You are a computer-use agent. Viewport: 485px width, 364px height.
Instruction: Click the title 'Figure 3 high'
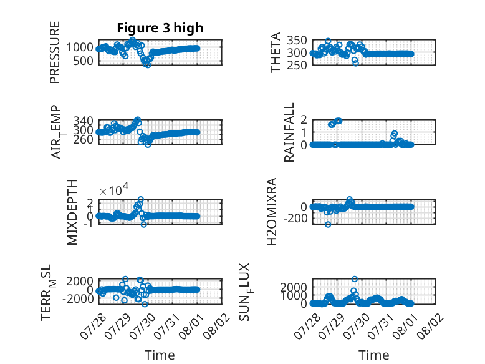pyautogui.click(x=160, y=28)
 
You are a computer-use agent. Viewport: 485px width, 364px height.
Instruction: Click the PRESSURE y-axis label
pyautogui.click(x=55, y=52)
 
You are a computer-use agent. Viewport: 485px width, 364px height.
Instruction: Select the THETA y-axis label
pyautogui.click(x=275, y=52)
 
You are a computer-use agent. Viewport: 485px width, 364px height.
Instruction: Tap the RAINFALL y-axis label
pyautogui.click(x=289, y=132)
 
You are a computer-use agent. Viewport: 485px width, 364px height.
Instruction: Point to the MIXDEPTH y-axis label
pyautogui.click(x=72, y=212)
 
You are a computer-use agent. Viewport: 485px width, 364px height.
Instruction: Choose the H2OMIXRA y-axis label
pyautogui.click(x=272, y=212)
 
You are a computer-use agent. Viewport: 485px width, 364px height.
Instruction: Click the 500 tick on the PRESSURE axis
pyautogui.click(x=83, y=61)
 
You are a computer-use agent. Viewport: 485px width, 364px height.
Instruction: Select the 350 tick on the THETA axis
pyautogui.click(x=297, y=41)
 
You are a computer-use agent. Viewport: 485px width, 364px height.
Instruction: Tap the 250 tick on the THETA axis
pyautogui.click(x=297, y=65)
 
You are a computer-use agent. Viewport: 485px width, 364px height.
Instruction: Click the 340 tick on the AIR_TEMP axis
pyautogui.click(x=83, y=121)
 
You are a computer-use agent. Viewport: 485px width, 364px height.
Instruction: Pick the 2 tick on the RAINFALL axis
pyautogui.click(x=304, y=119)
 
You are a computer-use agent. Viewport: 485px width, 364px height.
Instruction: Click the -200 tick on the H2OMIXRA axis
pyautogui.click(x=295, y=219)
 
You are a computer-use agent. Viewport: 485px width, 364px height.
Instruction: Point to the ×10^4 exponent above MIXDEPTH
pyautogui.click(x=114, y=189)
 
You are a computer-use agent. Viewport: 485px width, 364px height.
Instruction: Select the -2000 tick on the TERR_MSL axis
pyautogui.click(x=78, y=299)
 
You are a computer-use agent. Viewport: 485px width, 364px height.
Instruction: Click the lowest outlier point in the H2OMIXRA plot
pyautogui.click(x=328, y=224)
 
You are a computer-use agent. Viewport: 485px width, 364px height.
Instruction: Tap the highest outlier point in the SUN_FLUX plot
pyautogui.click(x=355, y=279)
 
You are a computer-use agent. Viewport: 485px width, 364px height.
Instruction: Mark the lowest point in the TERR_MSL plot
pyautogui.click(x=145, y=304)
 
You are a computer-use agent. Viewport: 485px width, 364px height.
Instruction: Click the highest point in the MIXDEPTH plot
pyautogui.click(x=141, y=199)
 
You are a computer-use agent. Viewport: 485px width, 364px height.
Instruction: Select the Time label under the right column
pyautogui.click(x=373, y=355)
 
